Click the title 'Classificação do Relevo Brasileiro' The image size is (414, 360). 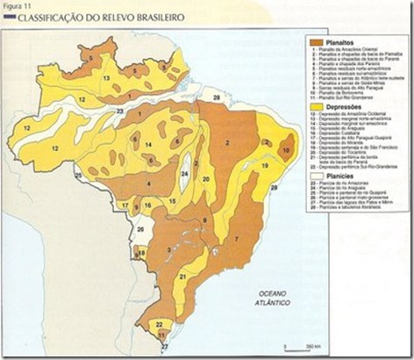[x=84, y=18]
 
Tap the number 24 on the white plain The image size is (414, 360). [x=184, y=174]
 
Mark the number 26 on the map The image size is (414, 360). [x=139, y=230]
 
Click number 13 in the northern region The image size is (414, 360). [x=106, y=78]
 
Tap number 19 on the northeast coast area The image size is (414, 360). [x=264, y=164]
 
